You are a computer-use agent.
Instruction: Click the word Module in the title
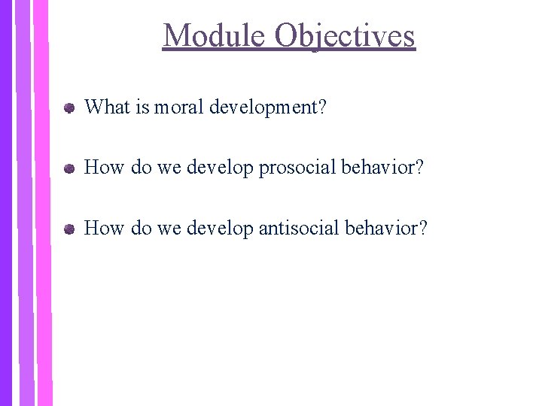pos(214,36)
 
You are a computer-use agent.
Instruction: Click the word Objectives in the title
pos(345,36)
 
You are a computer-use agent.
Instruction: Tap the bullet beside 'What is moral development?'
pos(69,108)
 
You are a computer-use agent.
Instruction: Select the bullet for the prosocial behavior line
pos(69,168)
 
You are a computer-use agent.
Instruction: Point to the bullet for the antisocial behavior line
pos(69,229)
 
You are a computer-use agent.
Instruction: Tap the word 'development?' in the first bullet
pos(268,108)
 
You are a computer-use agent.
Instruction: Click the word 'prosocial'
pos(297,168)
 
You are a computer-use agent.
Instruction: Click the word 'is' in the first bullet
pos(143,108)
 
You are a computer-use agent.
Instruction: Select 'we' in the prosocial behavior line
pos(169,168)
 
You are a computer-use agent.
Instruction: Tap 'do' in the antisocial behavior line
pos(141,228)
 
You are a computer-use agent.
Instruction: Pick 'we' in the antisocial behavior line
pos(169,229)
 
